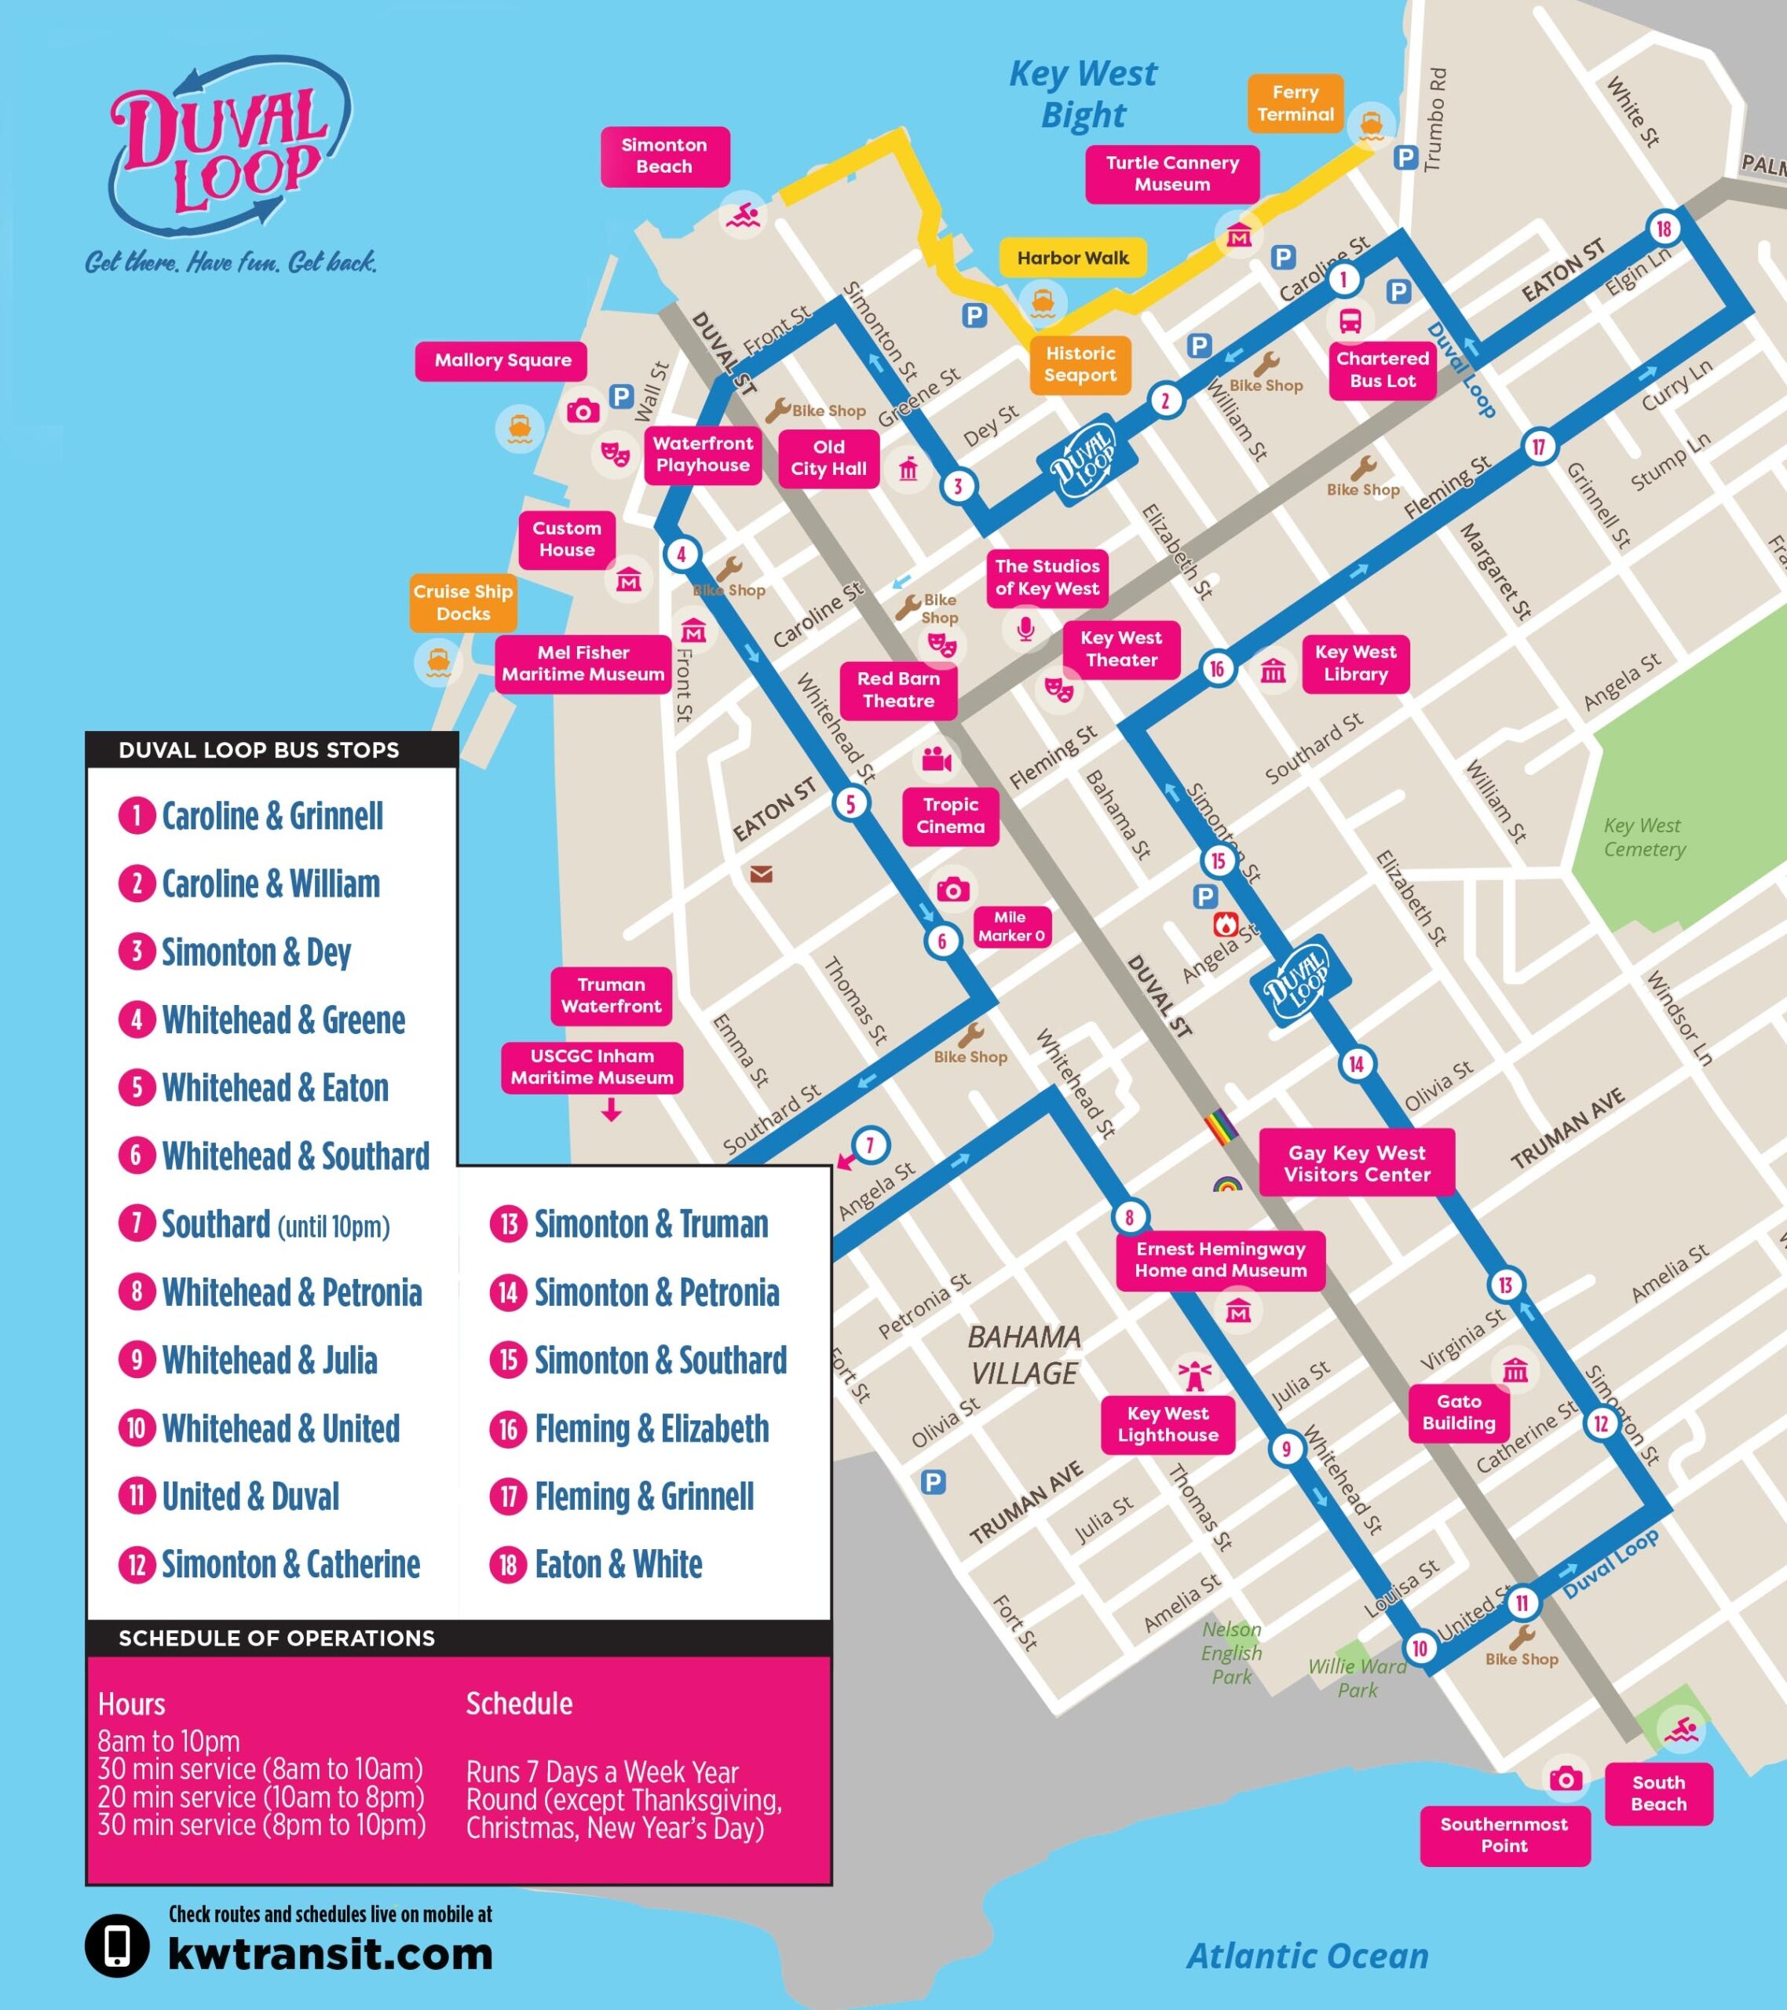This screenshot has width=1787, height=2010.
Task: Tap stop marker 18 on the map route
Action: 1663,229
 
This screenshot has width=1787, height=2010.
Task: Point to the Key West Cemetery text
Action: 1644,837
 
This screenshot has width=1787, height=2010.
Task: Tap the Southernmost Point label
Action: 1504,1834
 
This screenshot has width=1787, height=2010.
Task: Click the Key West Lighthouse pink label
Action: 1168,1424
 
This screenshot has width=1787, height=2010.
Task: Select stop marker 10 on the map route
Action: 1420,1648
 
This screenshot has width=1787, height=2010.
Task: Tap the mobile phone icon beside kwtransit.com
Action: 117,1945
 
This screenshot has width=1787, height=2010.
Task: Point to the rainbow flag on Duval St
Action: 1220,1127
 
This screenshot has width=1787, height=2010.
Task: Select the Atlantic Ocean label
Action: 1307,1956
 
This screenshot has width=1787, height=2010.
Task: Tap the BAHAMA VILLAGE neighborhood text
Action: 1024,1355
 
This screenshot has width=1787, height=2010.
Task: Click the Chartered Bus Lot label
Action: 1382,370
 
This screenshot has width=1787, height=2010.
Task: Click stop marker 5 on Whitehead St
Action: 851,803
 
